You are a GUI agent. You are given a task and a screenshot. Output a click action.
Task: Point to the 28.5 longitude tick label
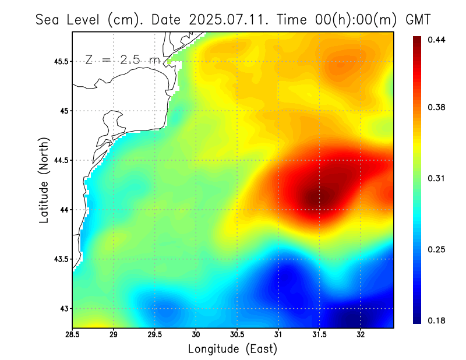[73, 335]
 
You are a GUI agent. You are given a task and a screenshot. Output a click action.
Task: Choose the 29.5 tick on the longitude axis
[155, 335]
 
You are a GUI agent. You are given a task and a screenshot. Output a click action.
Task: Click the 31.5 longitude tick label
[319, 335]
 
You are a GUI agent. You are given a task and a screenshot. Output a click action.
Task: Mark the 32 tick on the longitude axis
[361, 335]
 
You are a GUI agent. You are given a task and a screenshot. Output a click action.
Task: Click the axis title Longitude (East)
[232, 348]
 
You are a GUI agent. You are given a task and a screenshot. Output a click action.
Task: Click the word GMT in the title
[418, 19]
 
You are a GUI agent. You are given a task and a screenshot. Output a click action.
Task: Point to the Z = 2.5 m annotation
[122, 59]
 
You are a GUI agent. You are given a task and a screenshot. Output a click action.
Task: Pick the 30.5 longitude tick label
[237, 335]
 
